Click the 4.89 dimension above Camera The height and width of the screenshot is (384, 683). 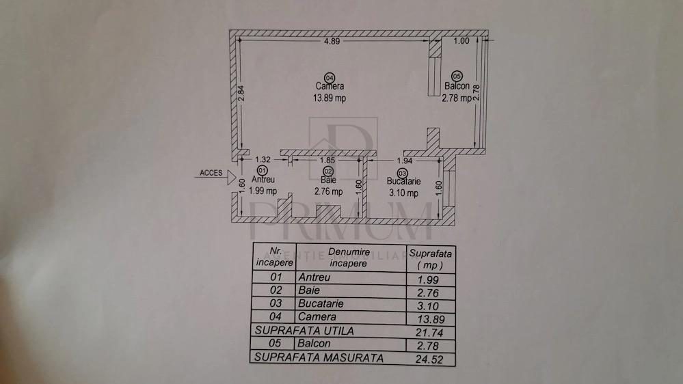332,42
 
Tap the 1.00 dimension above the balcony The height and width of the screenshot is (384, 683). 461,41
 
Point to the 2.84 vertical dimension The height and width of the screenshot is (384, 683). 241,93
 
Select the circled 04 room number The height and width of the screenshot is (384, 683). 330,78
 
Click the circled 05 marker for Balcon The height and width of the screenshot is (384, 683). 457,77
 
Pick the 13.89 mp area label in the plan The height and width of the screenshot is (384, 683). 330,98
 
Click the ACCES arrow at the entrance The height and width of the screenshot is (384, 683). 231,177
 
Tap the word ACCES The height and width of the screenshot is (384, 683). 211,173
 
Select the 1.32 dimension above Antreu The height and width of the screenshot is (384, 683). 263,160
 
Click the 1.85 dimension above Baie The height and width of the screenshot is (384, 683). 327,160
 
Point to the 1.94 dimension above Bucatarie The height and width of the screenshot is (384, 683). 405,161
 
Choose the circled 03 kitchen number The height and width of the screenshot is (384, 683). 402,174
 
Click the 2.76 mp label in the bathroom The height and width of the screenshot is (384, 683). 328,191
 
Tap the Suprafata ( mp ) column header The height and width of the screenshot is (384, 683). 430,259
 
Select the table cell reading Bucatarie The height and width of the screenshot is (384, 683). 321,303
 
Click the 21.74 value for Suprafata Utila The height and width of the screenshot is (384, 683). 429,333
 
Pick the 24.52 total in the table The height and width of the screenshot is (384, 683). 429,359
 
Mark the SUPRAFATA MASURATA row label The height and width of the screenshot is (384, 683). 319,358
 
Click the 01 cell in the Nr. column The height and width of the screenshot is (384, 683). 276,277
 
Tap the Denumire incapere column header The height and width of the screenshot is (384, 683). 349,258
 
